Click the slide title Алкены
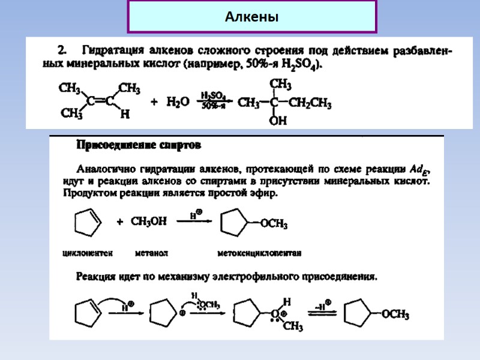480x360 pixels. (252, 17)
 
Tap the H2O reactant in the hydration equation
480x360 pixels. (177, 103)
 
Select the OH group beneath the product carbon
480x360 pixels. (278, 121)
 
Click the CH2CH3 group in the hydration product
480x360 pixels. (310, 103)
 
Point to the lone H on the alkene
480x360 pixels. (125, 115)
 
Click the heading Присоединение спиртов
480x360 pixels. (139, 145)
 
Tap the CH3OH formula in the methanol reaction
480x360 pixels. (148, 222)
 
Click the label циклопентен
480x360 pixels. (88, 253)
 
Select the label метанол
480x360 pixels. (151, 253)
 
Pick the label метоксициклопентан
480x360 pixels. (259, 253)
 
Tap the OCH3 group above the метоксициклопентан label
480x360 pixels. (274, 225)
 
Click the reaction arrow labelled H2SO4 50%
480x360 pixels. (214, 102)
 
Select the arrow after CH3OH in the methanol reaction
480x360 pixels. (194, 221)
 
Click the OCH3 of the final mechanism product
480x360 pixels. (395, 314)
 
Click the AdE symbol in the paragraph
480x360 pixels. (419, 167)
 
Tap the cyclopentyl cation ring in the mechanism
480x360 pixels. (162, 313)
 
